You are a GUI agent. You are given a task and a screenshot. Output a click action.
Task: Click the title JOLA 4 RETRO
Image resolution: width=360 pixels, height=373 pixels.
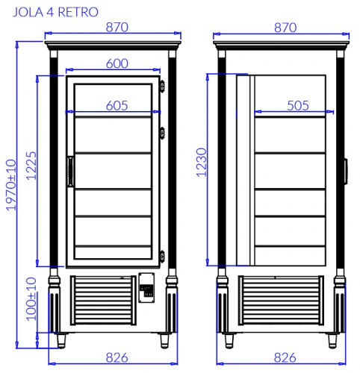point(55,12)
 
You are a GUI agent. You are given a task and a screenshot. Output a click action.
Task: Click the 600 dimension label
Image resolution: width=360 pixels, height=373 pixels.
point(117,63)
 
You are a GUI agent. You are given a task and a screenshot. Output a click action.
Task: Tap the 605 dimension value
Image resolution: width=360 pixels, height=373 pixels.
point(117,106)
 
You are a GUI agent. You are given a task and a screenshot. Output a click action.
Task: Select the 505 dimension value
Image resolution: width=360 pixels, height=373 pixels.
point(298,106)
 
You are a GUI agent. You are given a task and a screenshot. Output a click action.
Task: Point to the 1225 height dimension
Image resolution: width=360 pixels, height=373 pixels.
point(31,166)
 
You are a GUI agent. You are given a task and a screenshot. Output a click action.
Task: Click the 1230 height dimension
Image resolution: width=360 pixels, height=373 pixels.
point(202,163)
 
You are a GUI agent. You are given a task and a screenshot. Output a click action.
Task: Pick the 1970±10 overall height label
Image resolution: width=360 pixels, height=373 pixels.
point(11,185)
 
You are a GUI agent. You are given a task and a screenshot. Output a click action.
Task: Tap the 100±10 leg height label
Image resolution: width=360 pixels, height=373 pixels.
point(31,299)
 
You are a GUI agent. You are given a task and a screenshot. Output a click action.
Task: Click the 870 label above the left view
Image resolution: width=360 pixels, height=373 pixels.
point(117,28)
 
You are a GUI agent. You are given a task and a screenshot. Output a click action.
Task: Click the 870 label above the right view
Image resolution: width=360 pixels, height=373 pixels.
point(285,28)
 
